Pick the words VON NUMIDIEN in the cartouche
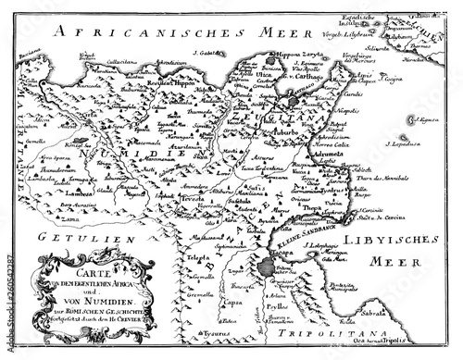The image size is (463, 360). point(93,304)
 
